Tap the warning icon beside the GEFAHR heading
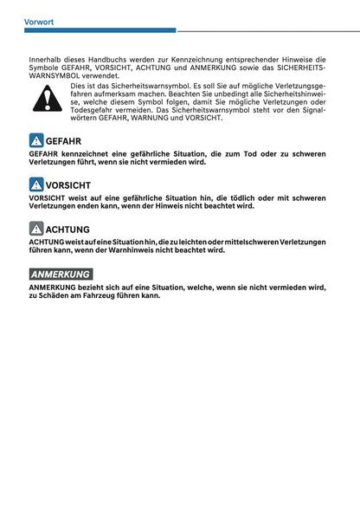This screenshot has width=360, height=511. click(x=35, y=140)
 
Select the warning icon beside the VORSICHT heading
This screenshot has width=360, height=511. click(x=35, y=184)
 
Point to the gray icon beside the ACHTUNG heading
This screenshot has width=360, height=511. click(x=35, y=229)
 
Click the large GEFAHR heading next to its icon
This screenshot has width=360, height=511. click(x=63, y=140)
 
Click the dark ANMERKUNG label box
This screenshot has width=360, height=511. click(x=61, y=274)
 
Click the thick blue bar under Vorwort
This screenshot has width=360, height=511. click(x=100, y=31)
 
